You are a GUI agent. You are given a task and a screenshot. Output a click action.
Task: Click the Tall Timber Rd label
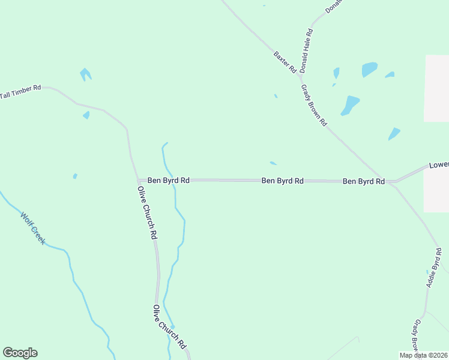[x=20, y=91]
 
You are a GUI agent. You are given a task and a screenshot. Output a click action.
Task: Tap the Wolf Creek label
[x=33, y=228]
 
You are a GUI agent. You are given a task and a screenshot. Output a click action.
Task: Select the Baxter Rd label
[x=285, y=62]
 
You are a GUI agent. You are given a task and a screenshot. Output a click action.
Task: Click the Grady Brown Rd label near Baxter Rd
[x=314, y=105]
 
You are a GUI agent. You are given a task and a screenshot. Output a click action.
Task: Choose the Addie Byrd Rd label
[x=434, y=267]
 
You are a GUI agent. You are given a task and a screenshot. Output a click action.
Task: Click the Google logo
[x=20, y=353]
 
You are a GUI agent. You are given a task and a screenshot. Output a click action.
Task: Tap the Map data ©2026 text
[x=423, y=355]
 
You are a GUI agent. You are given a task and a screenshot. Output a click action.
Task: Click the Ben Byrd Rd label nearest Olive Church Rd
[x=169, y=180]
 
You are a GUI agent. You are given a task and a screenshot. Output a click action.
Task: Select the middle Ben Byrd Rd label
[x=282, y=180]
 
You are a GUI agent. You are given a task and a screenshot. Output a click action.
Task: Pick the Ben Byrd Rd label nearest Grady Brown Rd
[x=363, y=181]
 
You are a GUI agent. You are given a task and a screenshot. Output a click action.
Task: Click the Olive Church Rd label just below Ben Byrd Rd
[x=147, y=213]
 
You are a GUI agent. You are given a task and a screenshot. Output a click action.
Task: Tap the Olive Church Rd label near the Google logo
[x=169, y=327]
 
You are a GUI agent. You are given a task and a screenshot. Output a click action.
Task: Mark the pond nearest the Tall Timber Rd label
[x=85, y=74]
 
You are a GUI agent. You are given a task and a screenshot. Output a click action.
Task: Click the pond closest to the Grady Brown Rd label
[x=349, y=105]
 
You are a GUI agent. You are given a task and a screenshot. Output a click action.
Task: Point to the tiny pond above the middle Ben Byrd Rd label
[x=273, y=163]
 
